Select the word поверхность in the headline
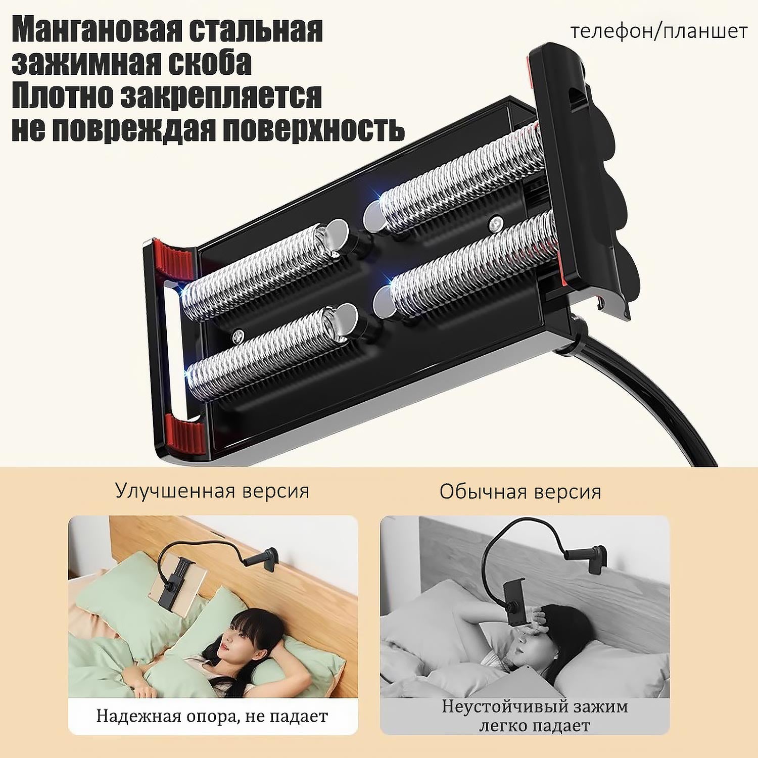pyautogui.click(x=314, y=129)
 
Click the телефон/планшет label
pyautogui.click(x=659, y=31)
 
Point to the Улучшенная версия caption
pyautogui.click(x=212, y=491)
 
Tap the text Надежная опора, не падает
pyautogui.click(x=212, y=716)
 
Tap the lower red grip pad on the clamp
pyautogui.click(x=186, y=432)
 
